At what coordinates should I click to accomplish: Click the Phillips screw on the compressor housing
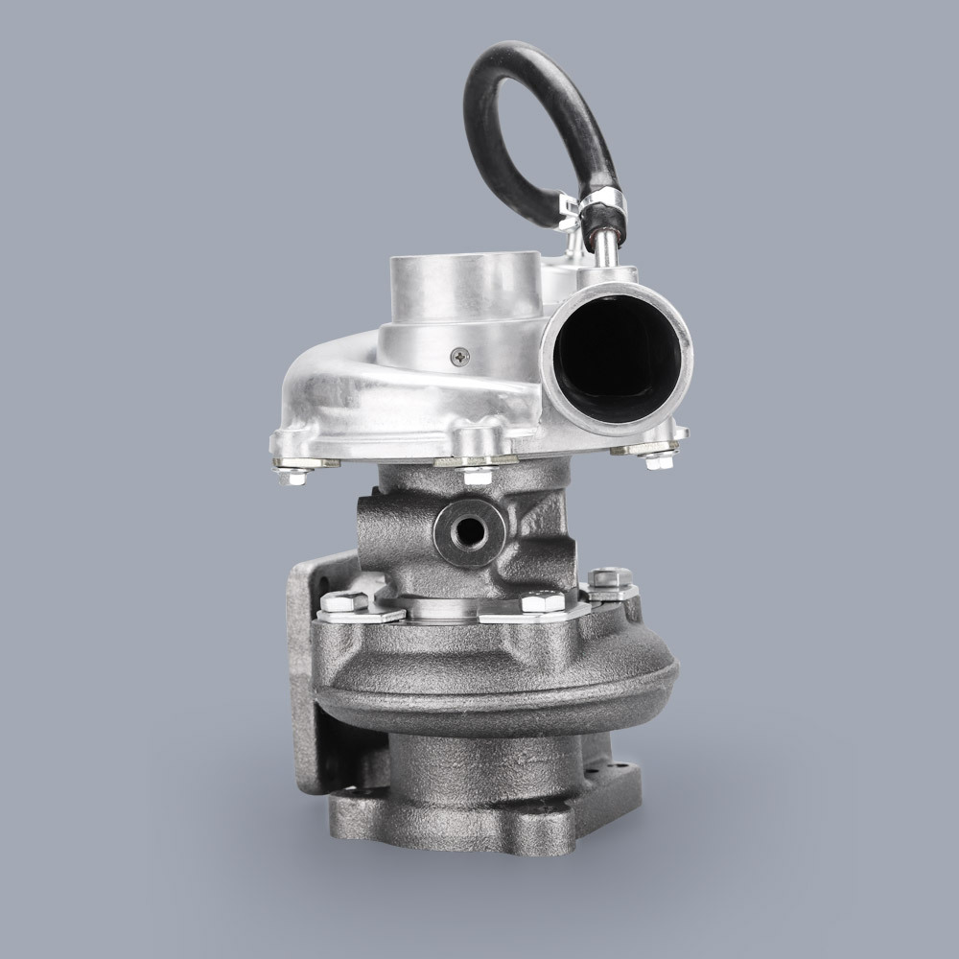click(x=461, y=356)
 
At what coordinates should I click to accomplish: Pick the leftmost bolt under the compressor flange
click(x=292, y=473)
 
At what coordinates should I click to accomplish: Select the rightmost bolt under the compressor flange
click(x=658, y=461)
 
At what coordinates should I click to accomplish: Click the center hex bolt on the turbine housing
click(x=543, y=602)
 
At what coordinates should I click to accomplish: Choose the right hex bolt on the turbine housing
click(x=609, y=577)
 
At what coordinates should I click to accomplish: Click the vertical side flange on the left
click(x=305, y=671)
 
